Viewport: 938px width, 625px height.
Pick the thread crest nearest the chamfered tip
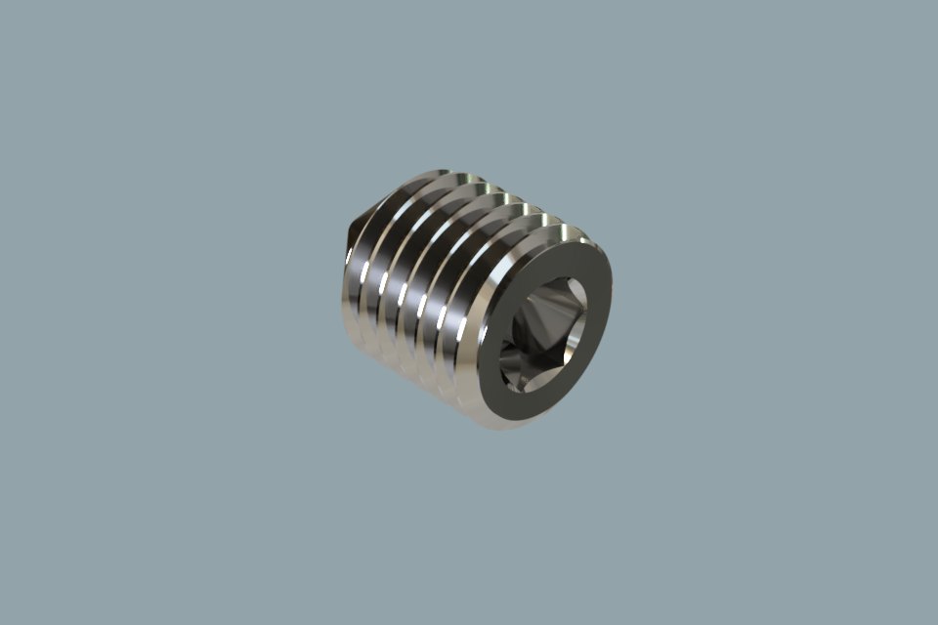pyautogui.click(x=358, y=283)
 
